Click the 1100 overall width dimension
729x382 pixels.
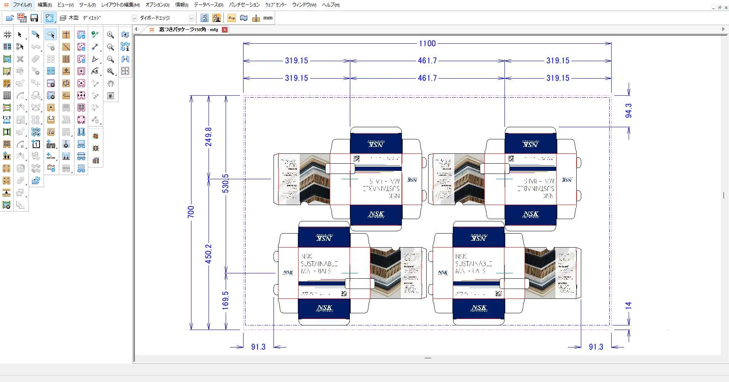pyautogui.click(x=427, y=44)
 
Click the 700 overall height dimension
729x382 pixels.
pyautogui.click(x=191, y=212)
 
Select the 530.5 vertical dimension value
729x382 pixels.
pyautogui.click(x=226, y=183)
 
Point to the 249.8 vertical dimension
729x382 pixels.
pyautogui.click(x=208, y=137)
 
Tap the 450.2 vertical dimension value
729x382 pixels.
pyautogui.click(x=208, y=254)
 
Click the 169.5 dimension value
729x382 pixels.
pyautogui.click(x=226, y=300)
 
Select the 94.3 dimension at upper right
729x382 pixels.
pyautogui.click(x=628, y=110)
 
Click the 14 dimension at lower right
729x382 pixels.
pyautogui.click(x=628, y=305)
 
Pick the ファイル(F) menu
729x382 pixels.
pyautogui.click(x=22, y=5)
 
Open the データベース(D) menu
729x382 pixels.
pyautogui.click(x=208, y=5)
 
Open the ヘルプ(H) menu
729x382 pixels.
pyautogui.click(x=331, y=5)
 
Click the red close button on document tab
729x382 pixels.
pyautogui.click(x=225, y=30)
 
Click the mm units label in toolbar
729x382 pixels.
pyautogui.click(x=268, y=18)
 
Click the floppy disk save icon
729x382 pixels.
pyautogui.click(x=34, y=18)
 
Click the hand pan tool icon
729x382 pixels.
pyautogui.click(x=111, y=84)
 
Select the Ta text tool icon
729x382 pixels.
pyautogui.click(x=51, y=132)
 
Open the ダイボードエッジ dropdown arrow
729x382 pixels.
pyautogui.click(x=191, y=18)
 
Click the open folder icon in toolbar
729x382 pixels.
pyautogui.click(x=10, y=18)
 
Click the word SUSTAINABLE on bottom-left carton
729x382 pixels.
pyautogui.click(x=319, y=264)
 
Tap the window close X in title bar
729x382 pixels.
pyautogui.click(x=726, y=8)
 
